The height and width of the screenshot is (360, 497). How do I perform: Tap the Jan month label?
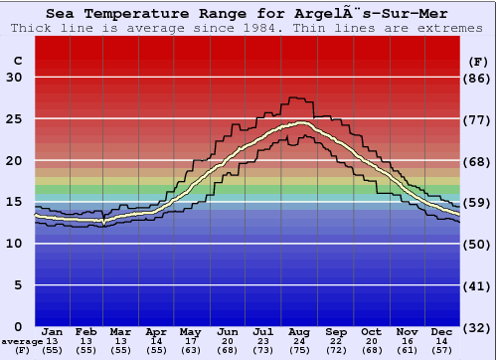click(x=54, y=331)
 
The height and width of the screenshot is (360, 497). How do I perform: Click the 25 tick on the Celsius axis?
click(x=15, y=119)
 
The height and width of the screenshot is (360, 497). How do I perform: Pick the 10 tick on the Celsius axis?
click(x=15, y=244)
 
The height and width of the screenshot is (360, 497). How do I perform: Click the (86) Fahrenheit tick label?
click(x=479, y=78)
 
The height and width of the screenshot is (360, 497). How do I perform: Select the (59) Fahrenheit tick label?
click(x=479, y=203)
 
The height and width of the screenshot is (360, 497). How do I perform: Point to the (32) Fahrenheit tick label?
click(x=479, y=327)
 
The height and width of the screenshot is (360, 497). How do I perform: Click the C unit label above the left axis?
click(x=17, y=61)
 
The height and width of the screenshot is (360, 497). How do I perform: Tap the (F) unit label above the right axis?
click(x=478, y=61)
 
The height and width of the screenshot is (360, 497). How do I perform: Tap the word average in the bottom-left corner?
click(x=22, y=341)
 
